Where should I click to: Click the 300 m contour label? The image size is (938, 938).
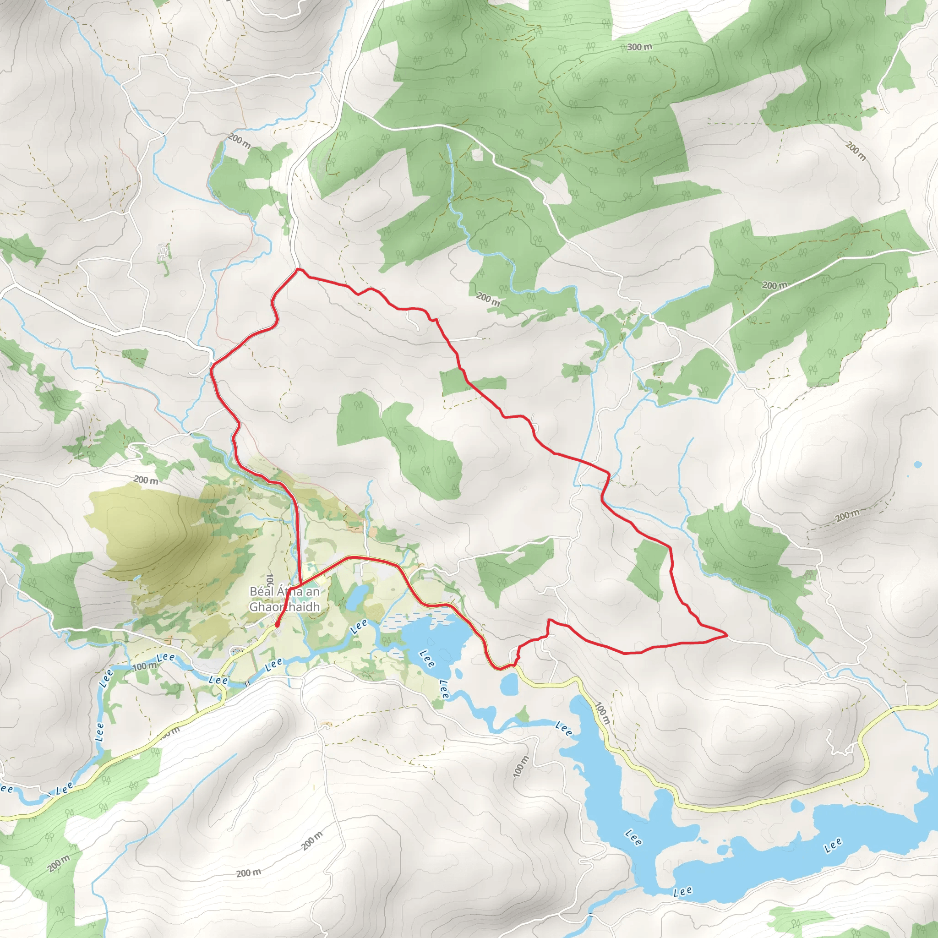639,47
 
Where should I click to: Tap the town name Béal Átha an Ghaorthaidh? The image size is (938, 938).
284,599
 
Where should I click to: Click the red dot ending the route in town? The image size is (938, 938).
276,625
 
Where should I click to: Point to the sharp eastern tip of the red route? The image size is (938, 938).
727,634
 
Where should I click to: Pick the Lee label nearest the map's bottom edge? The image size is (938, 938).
682,891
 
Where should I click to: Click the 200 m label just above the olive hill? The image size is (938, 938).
146,480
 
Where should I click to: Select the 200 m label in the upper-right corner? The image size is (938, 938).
856,151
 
